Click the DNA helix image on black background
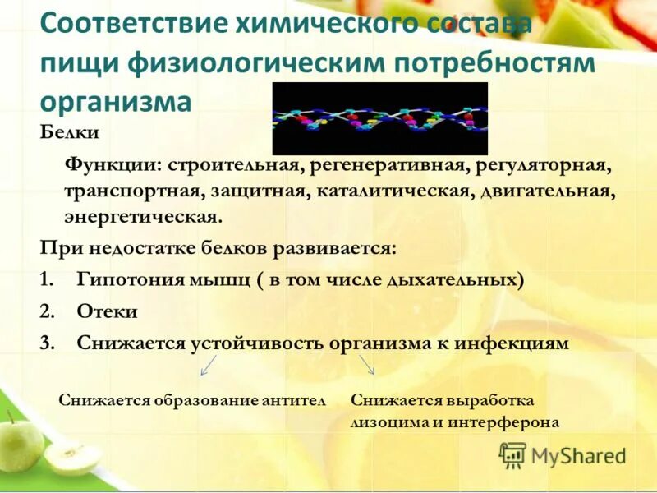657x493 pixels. pyautogui.click(x=379, y=118)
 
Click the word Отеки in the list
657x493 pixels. pyautogui.click(x=108, y=311)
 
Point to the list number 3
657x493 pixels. pyautogui.click(x=46, y=343)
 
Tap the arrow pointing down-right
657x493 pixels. pyautogui.click(x=366, y=366)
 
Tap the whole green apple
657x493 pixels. pyautogui.click(x=20, y=446)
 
